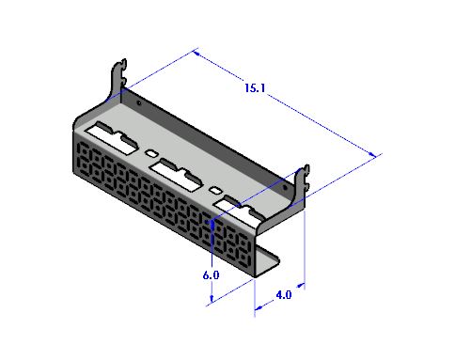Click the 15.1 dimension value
click(255, 88)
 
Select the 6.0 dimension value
click(211, 275)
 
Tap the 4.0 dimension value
click(284, 295)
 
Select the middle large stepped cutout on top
click(176, 175)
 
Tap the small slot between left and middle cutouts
click(151, 153)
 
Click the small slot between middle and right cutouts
click(215, 190)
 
